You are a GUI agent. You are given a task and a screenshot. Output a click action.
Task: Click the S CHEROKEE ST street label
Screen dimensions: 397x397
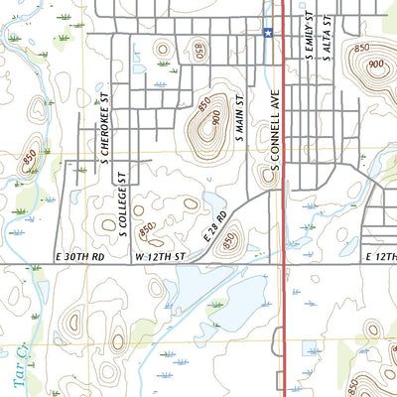coord(101,130)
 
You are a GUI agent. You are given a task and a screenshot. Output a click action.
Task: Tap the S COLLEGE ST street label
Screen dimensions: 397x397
coord(119,204)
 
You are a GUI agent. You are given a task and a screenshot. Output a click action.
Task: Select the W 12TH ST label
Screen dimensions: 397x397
coord(160,257)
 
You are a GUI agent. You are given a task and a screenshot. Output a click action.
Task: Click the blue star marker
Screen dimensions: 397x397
coord(268,33)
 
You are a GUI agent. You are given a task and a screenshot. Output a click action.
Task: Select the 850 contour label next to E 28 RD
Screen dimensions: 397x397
coord(230,239)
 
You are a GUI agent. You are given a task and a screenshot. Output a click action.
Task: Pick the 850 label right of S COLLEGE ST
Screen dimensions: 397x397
coord(147,229)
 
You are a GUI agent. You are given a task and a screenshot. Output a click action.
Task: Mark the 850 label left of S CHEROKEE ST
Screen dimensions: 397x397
coord(30,156)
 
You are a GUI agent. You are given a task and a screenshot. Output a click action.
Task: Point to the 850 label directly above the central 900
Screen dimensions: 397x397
coord(204,103)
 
